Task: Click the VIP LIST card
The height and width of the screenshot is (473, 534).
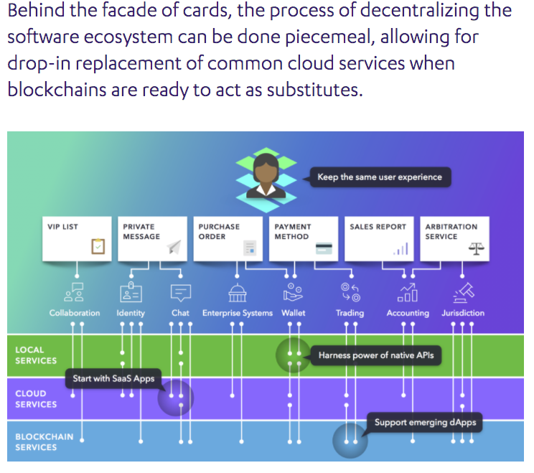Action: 77,239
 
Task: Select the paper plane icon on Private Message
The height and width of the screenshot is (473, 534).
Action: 174,247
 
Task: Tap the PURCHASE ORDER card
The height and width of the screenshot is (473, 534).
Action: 228,239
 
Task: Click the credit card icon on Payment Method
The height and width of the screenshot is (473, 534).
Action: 324,248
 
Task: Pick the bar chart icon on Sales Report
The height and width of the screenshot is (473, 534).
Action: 400,249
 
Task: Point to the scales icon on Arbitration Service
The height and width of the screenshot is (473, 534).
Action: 476,248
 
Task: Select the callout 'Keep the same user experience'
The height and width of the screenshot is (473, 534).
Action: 380,177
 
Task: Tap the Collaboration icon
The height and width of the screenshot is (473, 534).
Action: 74,292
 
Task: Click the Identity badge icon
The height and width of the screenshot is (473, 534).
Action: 131,292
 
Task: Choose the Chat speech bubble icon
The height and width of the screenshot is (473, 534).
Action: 180,293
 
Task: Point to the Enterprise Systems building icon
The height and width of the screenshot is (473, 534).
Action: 237,293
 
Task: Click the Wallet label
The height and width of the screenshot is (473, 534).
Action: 294,313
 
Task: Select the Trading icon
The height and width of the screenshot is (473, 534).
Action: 350,293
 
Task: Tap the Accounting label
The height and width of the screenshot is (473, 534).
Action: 408,313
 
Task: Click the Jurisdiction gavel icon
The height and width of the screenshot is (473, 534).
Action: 464,293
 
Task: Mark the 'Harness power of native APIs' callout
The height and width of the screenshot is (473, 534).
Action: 375,355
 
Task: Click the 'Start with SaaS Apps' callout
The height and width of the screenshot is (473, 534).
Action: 113,379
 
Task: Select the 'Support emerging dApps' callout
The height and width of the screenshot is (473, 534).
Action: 424,423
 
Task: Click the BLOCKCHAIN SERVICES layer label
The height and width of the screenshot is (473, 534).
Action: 44,442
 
